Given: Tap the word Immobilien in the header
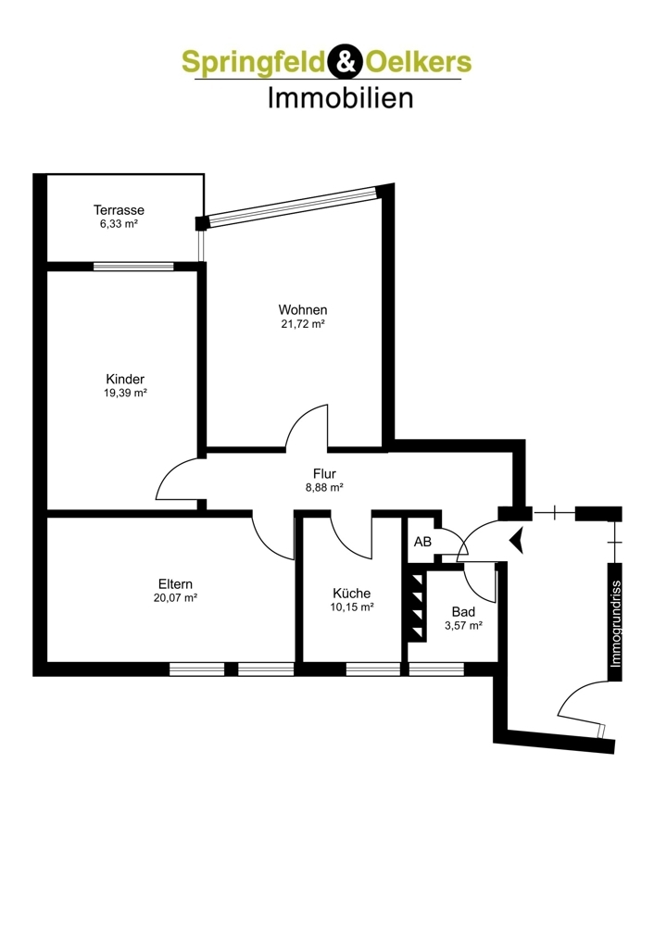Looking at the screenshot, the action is (x=340, y=98).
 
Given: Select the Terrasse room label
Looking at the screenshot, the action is (x=119, y=209).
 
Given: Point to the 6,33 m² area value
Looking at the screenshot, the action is (x=119, y=224).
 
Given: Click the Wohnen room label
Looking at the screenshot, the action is (x=303, y=309).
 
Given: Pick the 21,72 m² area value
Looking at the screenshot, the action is (x=303, y=323).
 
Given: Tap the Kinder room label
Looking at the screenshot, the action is (x=125, y=379).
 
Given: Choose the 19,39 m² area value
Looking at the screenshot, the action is (x=125, y=393).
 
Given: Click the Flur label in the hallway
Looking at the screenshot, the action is (x=324, y=473).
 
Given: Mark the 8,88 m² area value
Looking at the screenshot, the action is (x=324, y=488).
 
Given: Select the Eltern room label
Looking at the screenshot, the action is (x=175, y=584).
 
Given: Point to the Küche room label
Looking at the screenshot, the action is (x=351, y=593).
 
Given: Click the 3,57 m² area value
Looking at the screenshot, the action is (x=464, y=625).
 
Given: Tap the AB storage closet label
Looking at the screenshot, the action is (x=422, y=541).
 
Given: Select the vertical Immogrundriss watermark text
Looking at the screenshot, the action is (x=616, y=623).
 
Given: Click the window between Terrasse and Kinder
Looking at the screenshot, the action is (x=133, y=267).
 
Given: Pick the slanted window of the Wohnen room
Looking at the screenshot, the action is (x=294, y=206).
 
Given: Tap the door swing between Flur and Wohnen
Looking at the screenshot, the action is (x=307, y=426).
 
